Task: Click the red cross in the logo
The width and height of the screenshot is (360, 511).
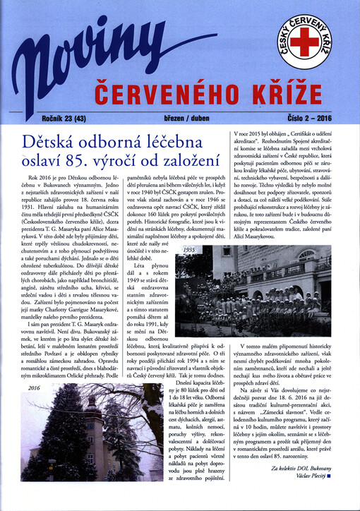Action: tap(304, 42)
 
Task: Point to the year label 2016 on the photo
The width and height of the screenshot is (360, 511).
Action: tap(35, 388)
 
